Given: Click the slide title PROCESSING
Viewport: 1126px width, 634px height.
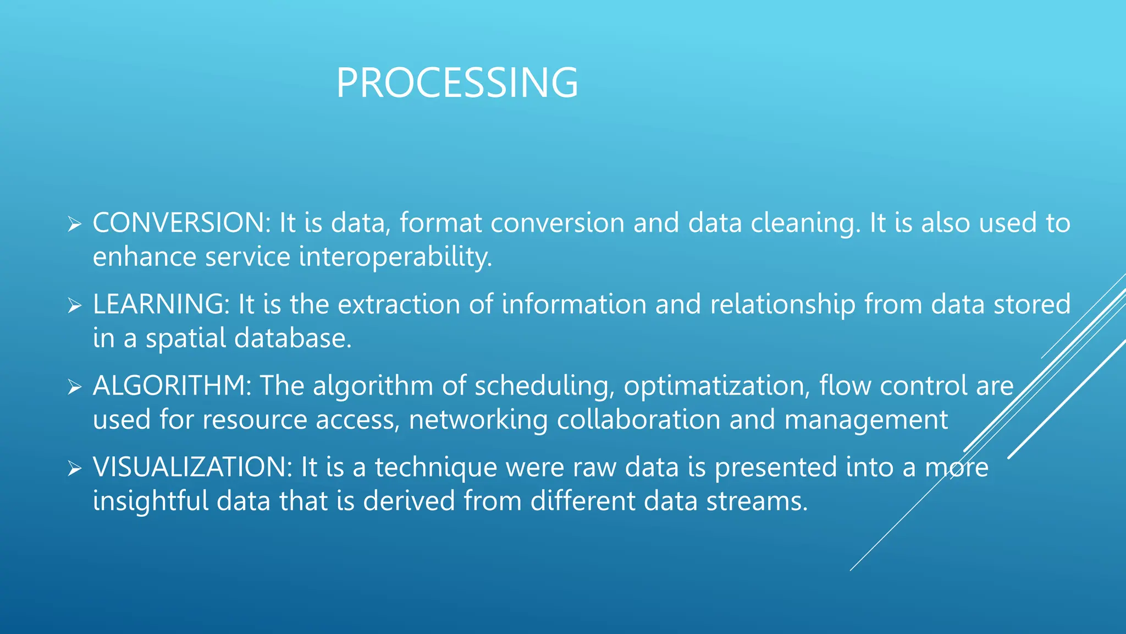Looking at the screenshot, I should click(457, 83).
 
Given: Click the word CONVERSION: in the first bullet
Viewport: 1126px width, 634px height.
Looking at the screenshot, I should click(181, 223).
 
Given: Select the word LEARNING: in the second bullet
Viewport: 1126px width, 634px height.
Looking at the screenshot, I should click(161, 304).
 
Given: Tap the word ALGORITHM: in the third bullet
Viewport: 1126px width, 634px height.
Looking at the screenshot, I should click(172, 386).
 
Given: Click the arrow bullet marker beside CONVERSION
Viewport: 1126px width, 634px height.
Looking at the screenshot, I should click(74, 225).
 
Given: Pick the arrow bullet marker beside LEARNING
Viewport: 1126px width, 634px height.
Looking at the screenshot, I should click(74, 306).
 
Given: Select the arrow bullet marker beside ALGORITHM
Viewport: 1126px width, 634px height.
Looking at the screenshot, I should click(74, 387).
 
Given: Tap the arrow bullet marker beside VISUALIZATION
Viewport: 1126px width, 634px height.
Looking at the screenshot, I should click(74, 469).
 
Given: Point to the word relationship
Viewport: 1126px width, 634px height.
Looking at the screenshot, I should click(782, 305).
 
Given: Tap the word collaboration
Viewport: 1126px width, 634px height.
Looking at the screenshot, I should click(638, 420).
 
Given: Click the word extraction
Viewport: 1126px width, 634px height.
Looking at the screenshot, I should click(399, 304).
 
